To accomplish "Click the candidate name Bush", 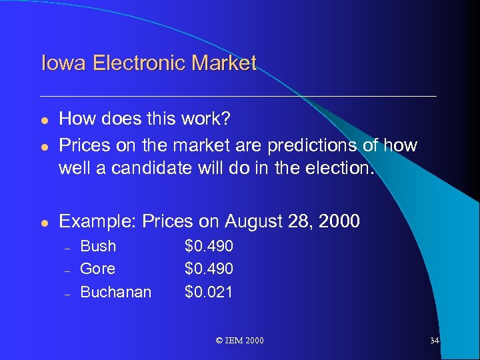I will click(98, 246).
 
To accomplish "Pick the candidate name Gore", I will click(97, 269).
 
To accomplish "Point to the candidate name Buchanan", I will click(115, 292).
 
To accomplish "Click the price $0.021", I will click(209, 292).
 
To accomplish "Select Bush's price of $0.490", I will click(209, 246).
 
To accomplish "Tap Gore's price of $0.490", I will click(209, 269).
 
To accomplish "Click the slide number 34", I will click(434, 341).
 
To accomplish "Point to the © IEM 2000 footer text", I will click(240, 341).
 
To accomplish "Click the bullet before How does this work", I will click(44, 119).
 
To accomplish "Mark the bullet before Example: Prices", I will click(44, 222).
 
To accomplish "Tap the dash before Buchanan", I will click(67, 293).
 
